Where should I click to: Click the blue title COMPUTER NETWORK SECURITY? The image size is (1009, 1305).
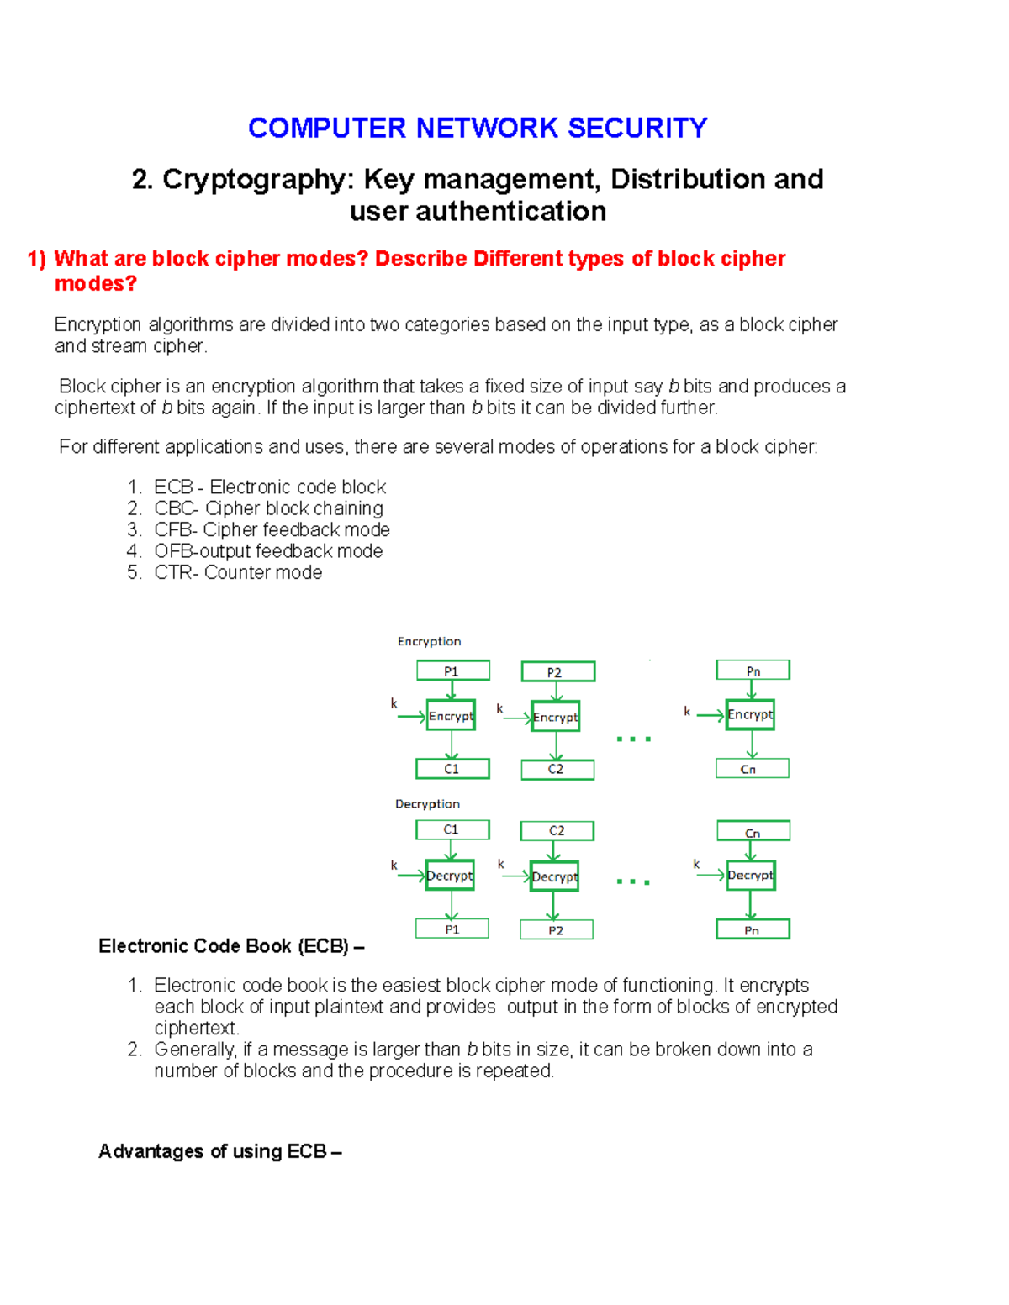point(477,128)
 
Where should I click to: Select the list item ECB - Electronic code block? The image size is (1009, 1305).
point(269,487)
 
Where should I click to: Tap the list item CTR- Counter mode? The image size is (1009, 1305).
point(238,572)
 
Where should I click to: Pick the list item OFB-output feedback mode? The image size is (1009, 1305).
point(268,551)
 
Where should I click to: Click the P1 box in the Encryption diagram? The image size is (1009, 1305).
point(452,671)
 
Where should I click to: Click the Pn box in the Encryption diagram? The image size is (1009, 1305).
point(753,671)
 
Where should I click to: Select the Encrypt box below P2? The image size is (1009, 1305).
point(555,717)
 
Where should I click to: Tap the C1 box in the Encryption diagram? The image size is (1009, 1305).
point(452,769)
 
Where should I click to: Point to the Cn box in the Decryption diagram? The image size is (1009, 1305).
point(753,832)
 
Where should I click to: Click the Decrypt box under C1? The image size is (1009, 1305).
point(450,876)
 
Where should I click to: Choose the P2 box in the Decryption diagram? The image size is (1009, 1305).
point(556,929)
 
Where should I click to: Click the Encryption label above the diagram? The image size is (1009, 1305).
point(429,641)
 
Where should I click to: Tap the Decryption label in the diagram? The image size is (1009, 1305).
point(427,804)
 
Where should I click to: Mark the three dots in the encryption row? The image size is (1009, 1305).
point(633,739)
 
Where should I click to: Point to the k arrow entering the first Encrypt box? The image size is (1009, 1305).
point(410,717)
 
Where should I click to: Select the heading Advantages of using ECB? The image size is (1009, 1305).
point(219,1151)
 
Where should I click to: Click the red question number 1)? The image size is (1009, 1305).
point(36,259)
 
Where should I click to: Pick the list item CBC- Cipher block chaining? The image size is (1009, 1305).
point(268,508)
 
